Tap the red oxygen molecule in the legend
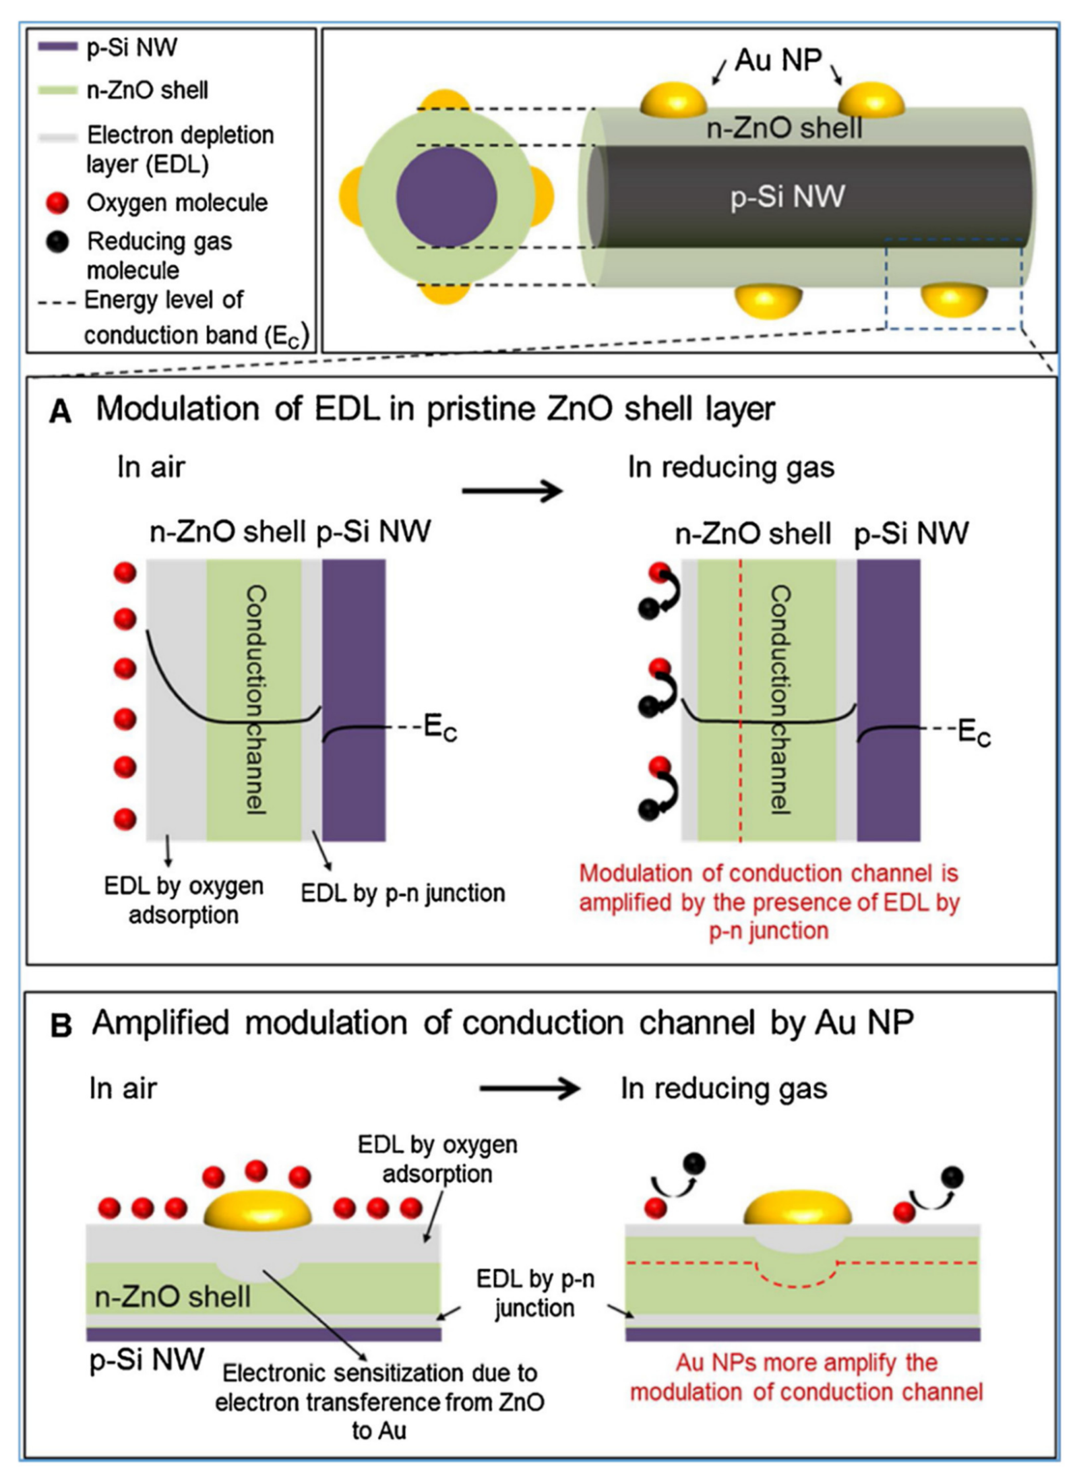(57, 203)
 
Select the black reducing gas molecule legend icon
(57, 242)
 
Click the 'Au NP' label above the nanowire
(778, 61)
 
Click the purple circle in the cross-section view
(447, 197)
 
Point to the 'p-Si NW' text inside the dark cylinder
(788, 197)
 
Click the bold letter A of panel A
(60, 413)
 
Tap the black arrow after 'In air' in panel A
(512, 490)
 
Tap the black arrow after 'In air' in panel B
(530, 1089)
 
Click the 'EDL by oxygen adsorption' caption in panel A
(184, 900)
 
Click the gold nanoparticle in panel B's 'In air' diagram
(258, 1209)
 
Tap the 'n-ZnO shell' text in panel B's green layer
(173, 1296)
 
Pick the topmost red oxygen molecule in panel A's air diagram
(125, 573)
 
